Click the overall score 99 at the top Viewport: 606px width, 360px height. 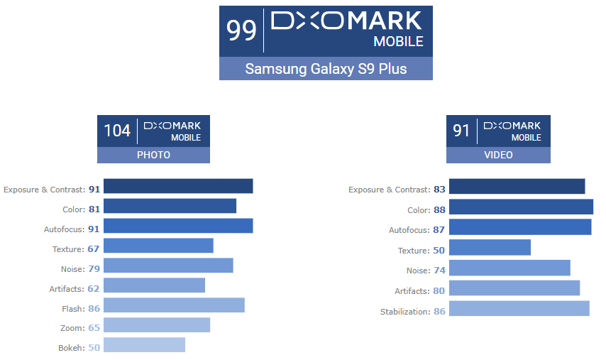241,31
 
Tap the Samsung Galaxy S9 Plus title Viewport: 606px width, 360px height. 326,69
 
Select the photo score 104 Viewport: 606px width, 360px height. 117,131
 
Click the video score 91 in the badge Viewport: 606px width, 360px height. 462,131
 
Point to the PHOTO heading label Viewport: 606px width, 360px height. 153,155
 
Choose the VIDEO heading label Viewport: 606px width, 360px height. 498,155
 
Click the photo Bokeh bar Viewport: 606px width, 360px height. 145,345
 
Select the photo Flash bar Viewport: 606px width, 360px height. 175,305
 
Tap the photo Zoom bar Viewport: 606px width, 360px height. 157,325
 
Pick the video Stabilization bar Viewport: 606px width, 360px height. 519,308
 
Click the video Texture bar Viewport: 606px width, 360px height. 490,247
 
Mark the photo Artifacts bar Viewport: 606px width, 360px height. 155,285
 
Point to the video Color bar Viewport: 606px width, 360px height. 522,207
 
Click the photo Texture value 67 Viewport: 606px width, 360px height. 94,249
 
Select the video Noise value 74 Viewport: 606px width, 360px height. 439,271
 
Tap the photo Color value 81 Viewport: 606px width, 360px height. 94,209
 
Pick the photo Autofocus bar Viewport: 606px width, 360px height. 179,226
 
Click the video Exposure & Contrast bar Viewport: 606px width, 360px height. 517,186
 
